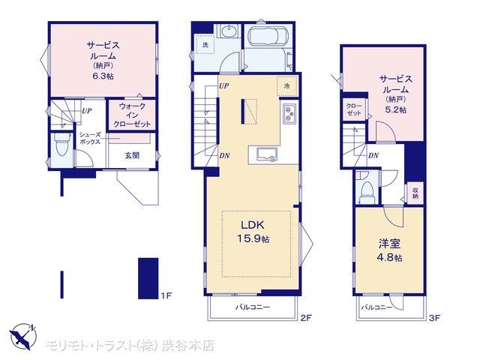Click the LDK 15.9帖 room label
pos(253,232)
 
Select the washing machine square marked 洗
pos(205,45)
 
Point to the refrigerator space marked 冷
pos(287,86)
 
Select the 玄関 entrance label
pos(132,155)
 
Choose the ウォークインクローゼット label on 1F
pos(132,115)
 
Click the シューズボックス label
pos(90,138)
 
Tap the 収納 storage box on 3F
pos(415,193)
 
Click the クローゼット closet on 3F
pos(354,109)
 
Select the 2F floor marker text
pos(305,318)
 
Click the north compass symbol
pos(22,336)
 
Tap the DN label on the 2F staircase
pos(224,155)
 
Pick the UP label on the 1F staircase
pos(87,110)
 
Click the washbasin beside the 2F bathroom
pos(228,31)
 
